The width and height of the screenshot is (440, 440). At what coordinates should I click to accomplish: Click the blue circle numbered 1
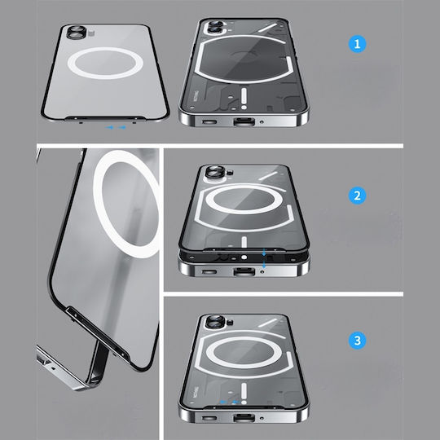tap(357, 44)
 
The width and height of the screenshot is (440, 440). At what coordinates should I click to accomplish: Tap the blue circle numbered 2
tap(357, 196)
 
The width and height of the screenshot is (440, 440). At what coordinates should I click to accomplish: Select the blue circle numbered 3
tap(357, 341)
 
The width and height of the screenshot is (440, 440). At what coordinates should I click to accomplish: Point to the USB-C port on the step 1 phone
tap(244, 121)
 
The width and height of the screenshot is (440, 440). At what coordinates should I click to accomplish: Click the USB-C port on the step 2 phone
tap(244, 271)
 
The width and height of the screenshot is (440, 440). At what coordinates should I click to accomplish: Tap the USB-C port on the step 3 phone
tap(244, 418)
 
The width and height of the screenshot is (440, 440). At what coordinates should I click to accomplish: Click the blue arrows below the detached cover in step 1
tap(116, 127)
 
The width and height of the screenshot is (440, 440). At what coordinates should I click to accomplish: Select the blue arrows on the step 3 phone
tap(230, 403)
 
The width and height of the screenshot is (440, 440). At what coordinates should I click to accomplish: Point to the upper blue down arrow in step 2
tap(264, 252)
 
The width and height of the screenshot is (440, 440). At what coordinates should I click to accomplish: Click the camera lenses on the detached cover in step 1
tap(77, 32)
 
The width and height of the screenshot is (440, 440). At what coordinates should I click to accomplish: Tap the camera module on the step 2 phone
tap(215, 172)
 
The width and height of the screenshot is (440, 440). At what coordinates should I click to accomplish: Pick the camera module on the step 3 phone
tap(215, 321)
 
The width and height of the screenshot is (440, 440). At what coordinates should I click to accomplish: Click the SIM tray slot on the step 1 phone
tap(209, 121)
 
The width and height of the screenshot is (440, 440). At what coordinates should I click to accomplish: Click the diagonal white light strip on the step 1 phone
tap(267, 28)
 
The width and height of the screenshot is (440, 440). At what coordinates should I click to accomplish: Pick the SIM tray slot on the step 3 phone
tap(209, 418)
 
